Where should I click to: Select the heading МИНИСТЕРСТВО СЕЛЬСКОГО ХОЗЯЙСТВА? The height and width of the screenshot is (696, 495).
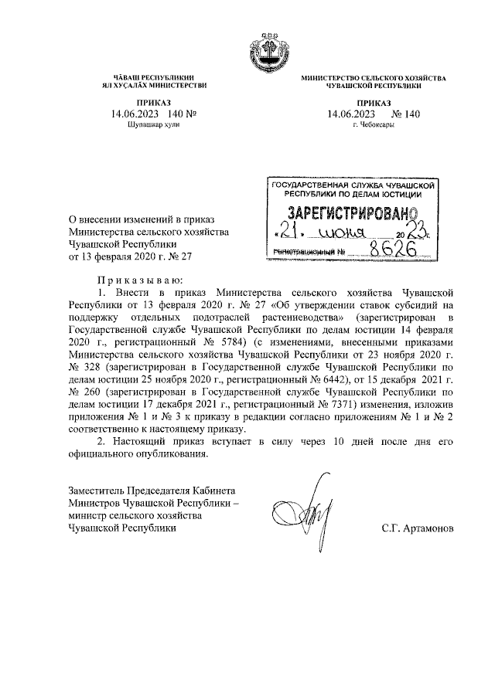click(374, 80)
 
